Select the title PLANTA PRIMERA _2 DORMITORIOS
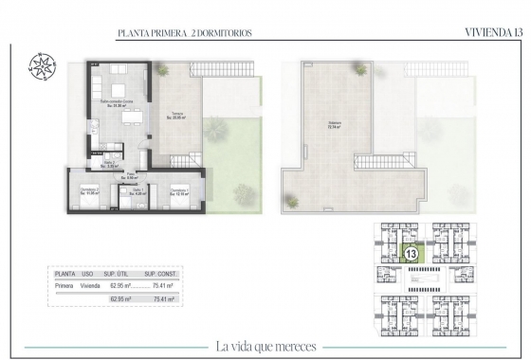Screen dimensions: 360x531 (x=184, y=33)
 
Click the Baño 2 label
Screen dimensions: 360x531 (x=110, y=164)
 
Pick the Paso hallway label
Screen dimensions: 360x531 (x=132, y=176)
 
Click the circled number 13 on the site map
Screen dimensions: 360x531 (x=411, y=253)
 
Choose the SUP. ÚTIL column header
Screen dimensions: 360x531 (x=118, y=272)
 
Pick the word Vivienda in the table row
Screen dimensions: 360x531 (x=89, y=282)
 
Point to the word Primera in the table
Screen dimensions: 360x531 (x=64, y=282)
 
